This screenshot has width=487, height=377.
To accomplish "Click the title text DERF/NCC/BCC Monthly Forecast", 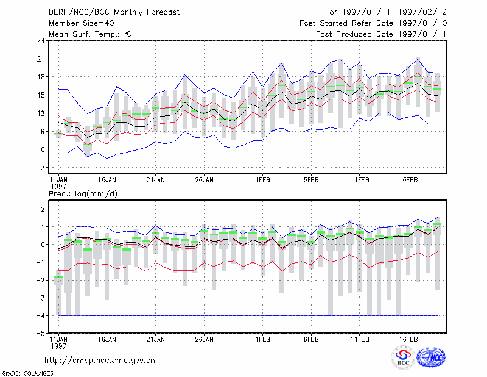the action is [114, 12].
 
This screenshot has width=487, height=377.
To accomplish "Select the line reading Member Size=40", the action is [82, 23].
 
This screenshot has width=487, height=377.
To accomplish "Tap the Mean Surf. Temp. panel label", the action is [90, 34].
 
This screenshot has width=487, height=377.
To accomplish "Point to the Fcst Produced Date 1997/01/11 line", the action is [381, 34].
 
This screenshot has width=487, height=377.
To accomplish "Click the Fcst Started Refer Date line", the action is [373, 23].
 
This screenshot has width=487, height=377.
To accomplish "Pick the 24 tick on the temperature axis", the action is [41, 41].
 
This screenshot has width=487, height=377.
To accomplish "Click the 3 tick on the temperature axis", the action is [43, 168].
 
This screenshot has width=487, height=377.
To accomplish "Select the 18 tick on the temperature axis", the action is [41, 77].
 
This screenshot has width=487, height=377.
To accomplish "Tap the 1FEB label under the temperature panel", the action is [262, 180].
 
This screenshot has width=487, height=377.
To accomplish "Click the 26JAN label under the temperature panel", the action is [204, 180].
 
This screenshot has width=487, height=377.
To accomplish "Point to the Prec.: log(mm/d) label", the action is [83, 194].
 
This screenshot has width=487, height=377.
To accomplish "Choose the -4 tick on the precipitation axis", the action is [40, 315].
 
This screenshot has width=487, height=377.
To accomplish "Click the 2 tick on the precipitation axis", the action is [43, 209].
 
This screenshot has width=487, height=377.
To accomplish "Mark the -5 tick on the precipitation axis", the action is [40, 334].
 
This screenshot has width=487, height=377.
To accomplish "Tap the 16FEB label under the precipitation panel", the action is [408, 339].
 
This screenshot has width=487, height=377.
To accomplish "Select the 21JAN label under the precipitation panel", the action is [156, 339].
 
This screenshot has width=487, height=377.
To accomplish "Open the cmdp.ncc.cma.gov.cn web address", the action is [100, 361].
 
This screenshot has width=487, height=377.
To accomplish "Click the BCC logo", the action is [403, 357].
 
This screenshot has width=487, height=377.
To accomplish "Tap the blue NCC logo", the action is [431, 357].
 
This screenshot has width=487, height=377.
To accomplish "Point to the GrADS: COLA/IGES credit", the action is [28, 373].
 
